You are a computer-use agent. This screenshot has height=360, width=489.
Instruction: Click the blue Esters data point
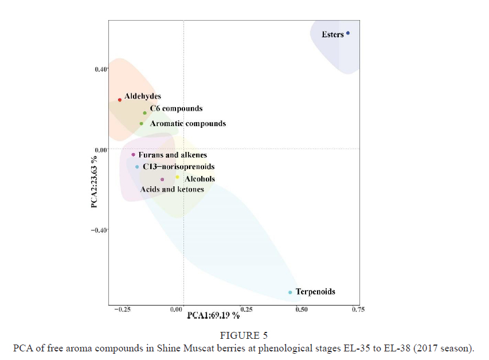(348, 33)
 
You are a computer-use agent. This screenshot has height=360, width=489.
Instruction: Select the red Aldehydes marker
(120, 100)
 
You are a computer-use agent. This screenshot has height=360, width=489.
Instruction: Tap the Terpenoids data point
(290, 292)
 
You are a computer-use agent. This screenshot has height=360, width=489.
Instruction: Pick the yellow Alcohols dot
(177, 177)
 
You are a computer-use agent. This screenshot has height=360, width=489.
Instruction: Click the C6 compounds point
(145, 113)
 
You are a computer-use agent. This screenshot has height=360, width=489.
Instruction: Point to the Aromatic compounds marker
(142, 124)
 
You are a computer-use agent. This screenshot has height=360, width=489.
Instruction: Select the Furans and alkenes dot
(133, 155)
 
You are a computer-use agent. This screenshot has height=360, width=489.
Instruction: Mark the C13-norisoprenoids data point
(137, 167)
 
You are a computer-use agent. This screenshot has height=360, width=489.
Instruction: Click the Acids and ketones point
(162, 179)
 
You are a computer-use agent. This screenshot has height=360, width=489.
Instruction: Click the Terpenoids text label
(315, 292)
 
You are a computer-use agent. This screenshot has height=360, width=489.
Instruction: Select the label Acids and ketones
(172, 189)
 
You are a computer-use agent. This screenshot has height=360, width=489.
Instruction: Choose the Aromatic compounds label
(187, 124)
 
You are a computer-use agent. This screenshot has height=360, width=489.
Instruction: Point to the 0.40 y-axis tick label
(100, 69)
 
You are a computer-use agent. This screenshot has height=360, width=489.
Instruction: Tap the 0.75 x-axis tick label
(358, 310)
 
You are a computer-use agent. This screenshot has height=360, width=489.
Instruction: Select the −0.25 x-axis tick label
(122, 310)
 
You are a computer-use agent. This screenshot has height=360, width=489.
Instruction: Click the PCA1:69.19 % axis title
(213, 315)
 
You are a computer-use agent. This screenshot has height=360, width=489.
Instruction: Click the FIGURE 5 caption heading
(244, 336)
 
